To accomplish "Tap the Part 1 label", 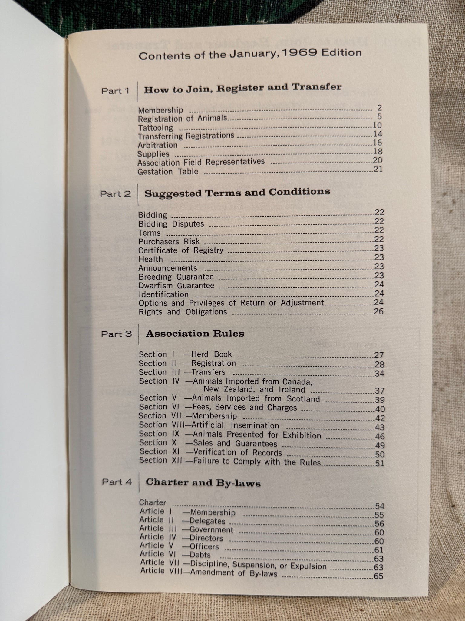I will [115, 91].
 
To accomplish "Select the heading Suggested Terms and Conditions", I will [237, 193].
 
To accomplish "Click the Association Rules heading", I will [195, 334].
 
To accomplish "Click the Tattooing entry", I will [155, 128].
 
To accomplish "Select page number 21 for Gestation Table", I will [378, 169].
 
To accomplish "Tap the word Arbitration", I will [157, 145].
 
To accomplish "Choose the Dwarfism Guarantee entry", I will [176, 285].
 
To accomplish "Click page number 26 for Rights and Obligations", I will [379, 311].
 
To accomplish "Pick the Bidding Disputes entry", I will [171, 224].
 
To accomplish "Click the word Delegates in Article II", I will [207, 521].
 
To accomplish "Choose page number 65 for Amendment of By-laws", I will [378, 576].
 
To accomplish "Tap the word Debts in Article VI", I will [200, 555].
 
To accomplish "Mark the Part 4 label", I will [117, 482].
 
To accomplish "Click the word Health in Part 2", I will [150, 259].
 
